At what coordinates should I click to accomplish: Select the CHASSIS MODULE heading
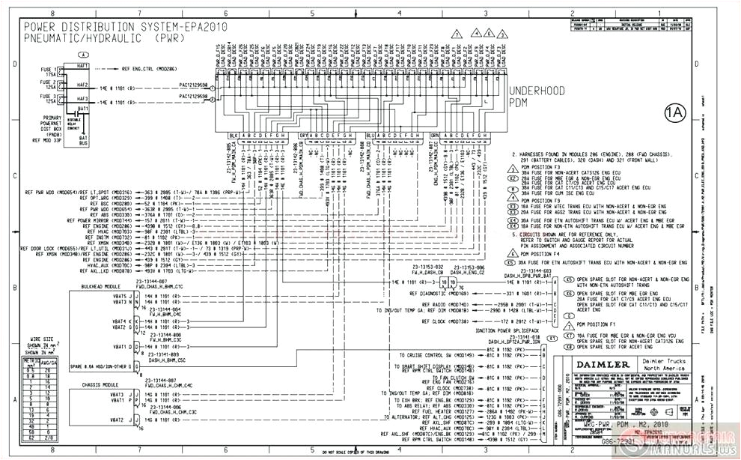point(101,384)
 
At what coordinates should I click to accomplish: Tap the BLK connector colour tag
point(234,136)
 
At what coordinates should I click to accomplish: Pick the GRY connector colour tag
point(303,136)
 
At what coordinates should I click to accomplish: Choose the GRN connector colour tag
point(434,136)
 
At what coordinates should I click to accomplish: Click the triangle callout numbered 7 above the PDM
point(457,35)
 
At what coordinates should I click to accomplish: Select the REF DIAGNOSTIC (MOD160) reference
point(438,294)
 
